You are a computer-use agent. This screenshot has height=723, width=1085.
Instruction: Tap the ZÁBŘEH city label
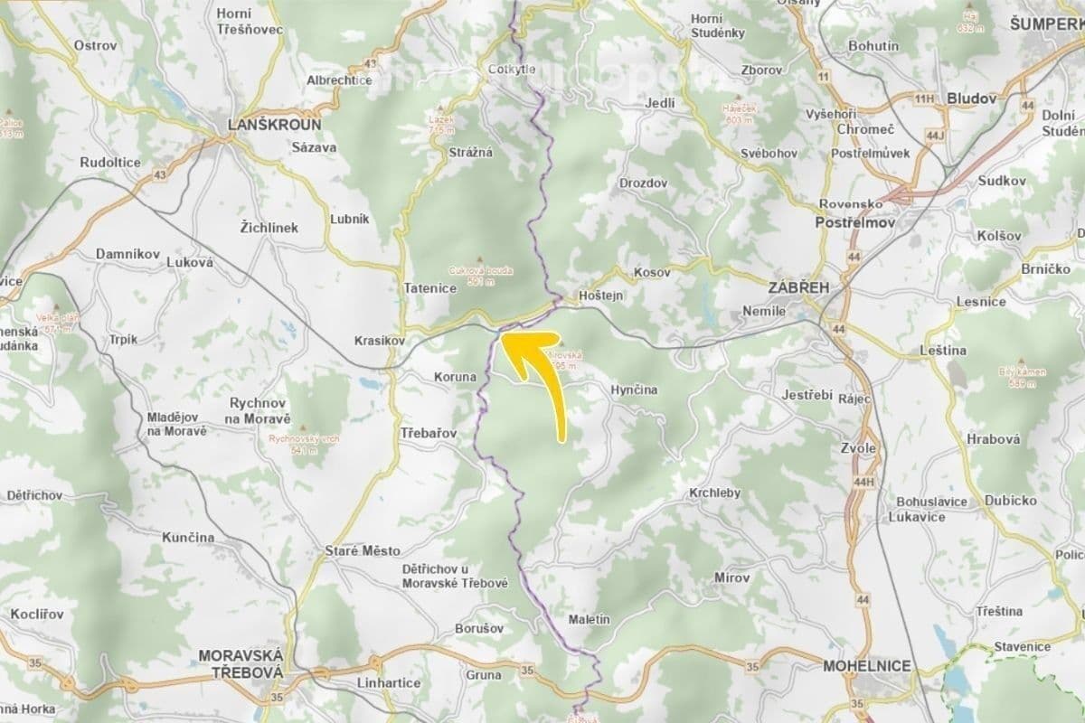point(797,287)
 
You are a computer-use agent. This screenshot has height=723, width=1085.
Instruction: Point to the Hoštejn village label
point(601,295)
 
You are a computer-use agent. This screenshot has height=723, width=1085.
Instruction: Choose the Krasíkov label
point(378,342)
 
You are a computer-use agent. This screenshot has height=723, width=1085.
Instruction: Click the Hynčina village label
point(634,390)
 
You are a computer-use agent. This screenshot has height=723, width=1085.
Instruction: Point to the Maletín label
point(590,620)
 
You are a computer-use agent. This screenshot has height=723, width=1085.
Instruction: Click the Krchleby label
point(714,493)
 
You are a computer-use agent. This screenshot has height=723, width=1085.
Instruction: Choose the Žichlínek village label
point(269,228)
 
